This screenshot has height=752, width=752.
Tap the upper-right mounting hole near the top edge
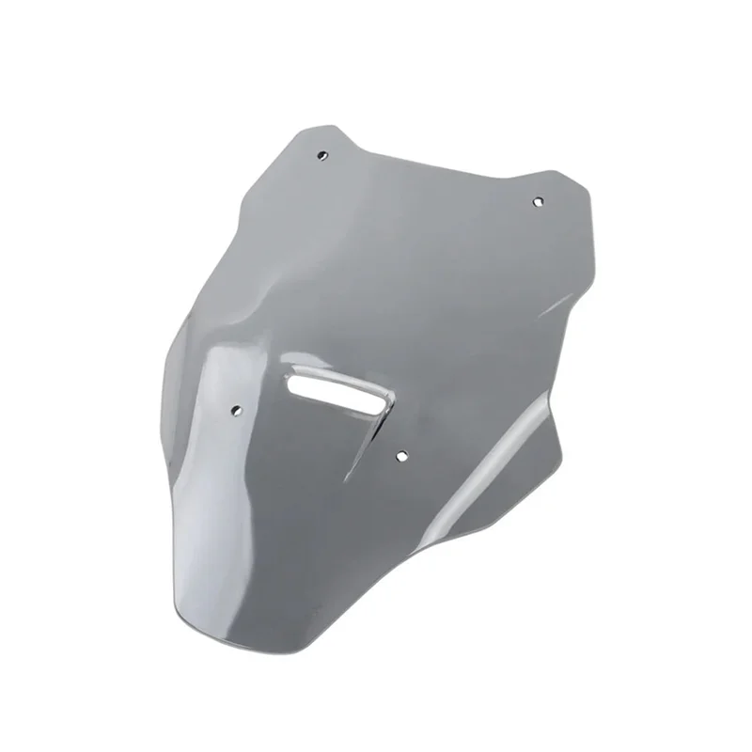click(538, 201)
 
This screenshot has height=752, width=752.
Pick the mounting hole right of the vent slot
click(401, 455)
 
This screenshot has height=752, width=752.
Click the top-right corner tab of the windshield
click(564, 183)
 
